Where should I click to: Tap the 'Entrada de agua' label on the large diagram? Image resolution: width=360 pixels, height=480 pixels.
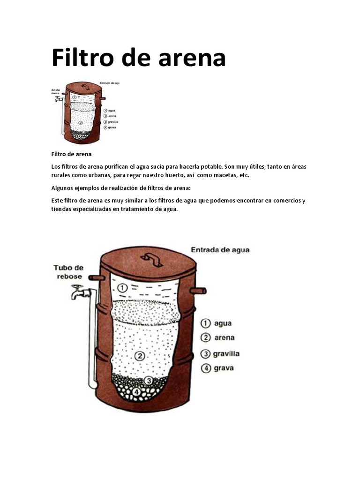(220, 250)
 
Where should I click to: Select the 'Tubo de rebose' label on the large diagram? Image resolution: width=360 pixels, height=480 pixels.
(68, 272)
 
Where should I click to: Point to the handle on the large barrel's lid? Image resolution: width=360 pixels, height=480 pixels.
(150, 257)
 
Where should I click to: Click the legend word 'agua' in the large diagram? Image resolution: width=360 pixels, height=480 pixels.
(223, 323)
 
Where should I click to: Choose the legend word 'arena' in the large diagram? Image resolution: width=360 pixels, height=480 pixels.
(224, 337)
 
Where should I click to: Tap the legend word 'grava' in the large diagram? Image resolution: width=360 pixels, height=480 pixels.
(224, 368)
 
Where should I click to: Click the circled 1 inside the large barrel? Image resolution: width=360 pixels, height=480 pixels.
(122, 288)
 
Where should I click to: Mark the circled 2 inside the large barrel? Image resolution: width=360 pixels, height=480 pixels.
(139, 356)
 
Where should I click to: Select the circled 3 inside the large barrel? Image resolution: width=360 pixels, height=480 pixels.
(149, 380)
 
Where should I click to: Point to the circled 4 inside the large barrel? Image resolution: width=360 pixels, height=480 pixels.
(136, 391)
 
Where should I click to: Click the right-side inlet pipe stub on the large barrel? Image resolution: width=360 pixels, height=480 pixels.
(198, 291)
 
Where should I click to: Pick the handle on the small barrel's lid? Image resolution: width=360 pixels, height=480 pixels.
(85, 87)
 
